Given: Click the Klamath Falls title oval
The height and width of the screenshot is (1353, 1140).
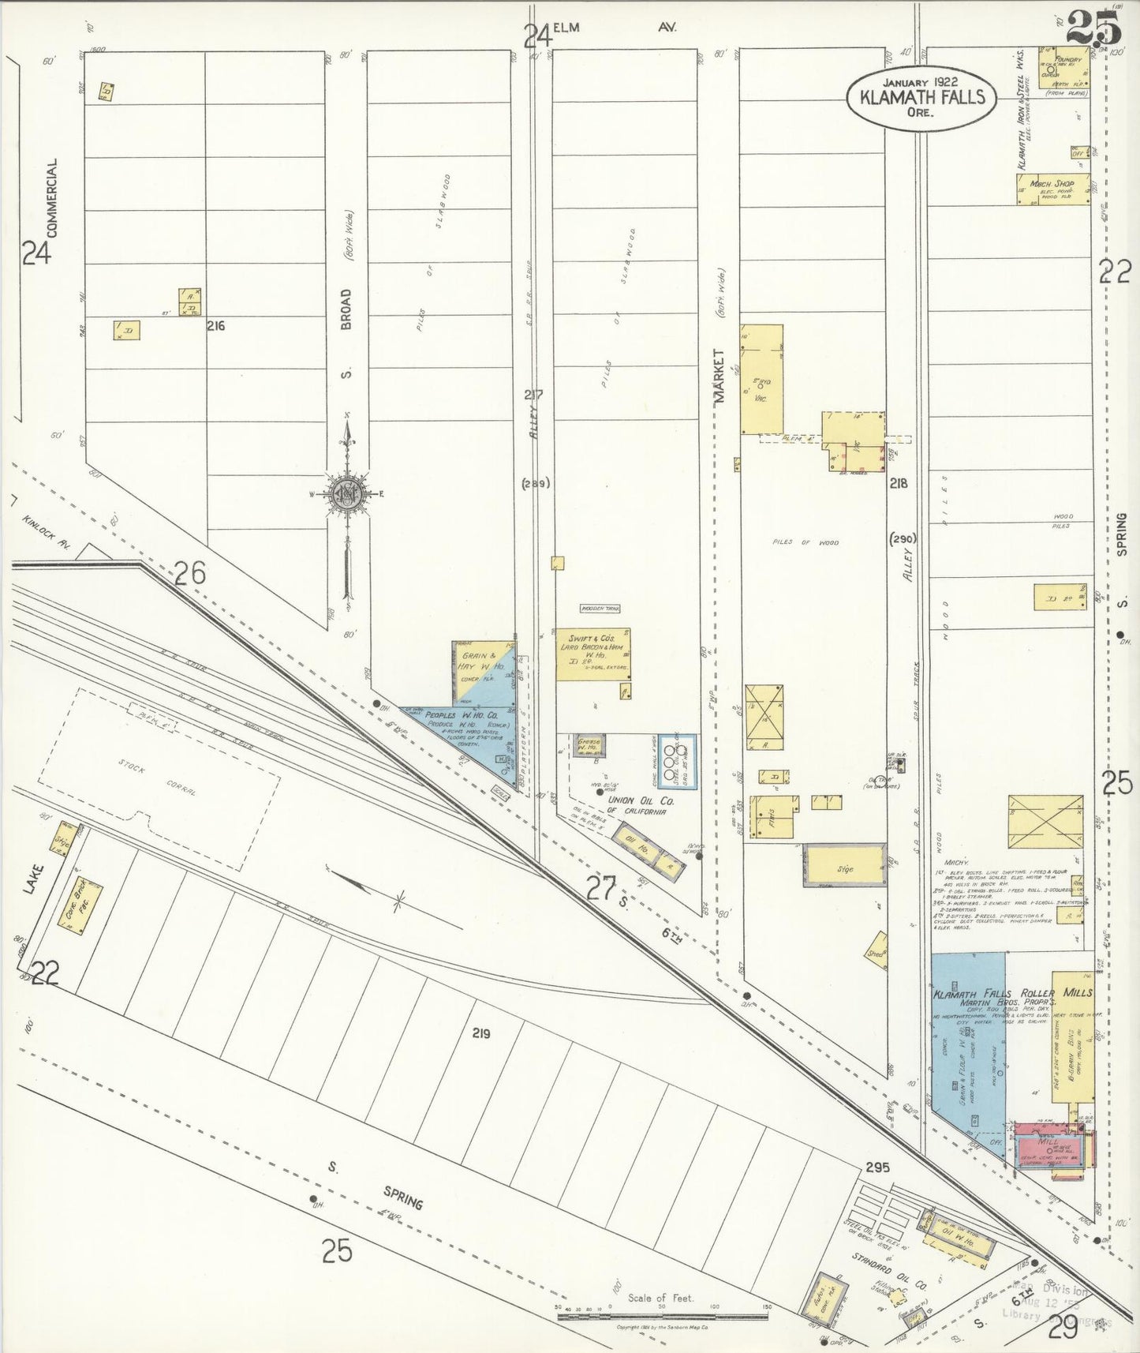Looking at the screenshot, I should coord(921,97).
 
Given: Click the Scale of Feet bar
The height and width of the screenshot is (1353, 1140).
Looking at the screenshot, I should coord(663,1308).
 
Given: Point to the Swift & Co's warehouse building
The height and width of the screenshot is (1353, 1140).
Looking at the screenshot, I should coord(593,654).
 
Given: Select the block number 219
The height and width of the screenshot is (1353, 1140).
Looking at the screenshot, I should coord(481,1033).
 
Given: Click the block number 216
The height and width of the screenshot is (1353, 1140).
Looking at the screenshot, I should coord(215,325).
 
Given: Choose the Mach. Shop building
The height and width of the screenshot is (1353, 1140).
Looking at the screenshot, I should coord(1052,189).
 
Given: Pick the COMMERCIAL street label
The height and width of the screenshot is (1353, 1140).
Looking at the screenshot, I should coord(52,197).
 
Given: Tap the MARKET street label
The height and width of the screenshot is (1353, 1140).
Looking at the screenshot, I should coord(720,377).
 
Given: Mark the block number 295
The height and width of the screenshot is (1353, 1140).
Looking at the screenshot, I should coord(877,1167).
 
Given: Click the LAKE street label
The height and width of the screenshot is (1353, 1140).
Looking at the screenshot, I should coord(31,878).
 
